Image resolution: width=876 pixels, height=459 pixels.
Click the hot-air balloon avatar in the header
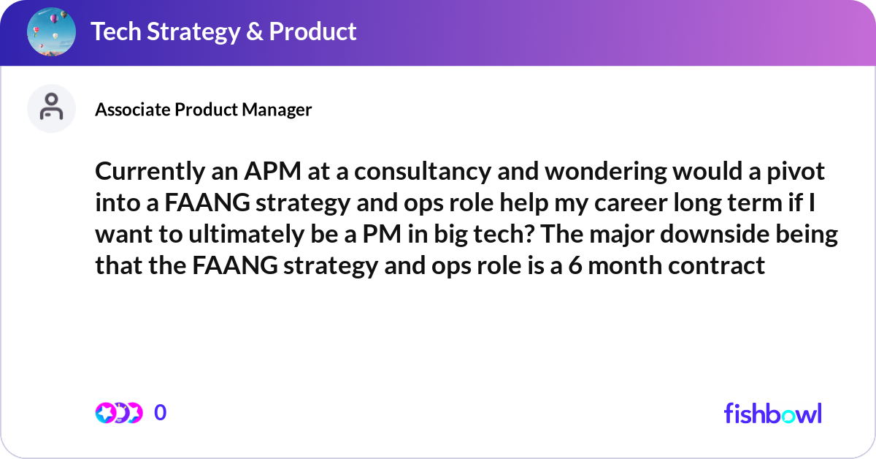(x=52, y=32)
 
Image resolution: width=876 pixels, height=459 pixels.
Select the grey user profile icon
(x=51, y=108)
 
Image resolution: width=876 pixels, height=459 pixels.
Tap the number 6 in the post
(x=575, y=266)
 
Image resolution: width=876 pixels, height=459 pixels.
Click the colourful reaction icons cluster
(x=118, y=413)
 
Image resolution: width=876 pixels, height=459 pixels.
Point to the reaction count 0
(x=161, y=413)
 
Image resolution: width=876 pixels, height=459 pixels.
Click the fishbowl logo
(x=772, y=413)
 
